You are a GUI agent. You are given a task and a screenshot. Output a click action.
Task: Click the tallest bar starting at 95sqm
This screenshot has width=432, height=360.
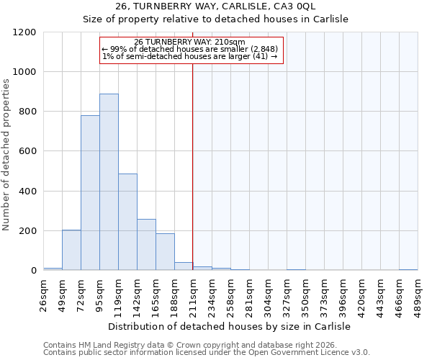click(109, 182)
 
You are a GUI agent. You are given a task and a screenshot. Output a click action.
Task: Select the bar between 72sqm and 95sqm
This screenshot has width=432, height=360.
click(90, 193)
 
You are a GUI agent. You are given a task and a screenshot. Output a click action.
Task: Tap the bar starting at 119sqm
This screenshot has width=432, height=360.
click(127, 222)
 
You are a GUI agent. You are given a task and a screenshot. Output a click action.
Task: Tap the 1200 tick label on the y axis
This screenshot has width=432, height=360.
click(24, 32)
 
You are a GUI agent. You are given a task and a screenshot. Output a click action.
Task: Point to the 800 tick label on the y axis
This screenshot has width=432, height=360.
click(27, 112)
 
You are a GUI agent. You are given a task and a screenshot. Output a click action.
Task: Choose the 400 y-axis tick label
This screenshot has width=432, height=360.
click(27, 192)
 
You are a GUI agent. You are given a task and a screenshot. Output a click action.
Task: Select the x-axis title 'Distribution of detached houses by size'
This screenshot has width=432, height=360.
click(230, 326)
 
